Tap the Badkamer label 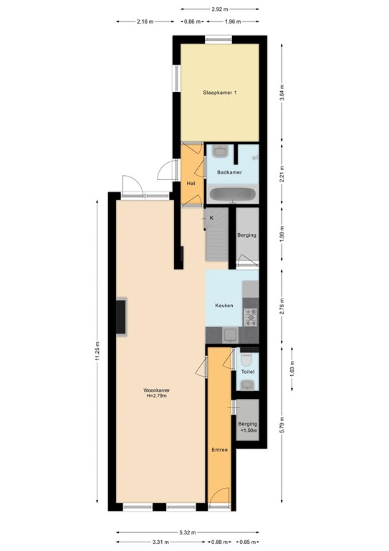click(x=229, y=173)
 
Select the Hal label click(x=191, y=184)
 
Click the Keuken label click(x=224, y=306)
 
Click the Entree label click(x=219, y=450)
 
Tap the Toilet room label click(x=248, y=372)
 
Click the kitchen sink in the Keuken click(x=229, y=334)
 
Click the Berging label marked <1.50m click(x=247, y=427)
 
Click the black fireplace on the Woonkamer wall click(x=122, y=316)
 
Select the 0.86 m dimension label click(x=192, y=22)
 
